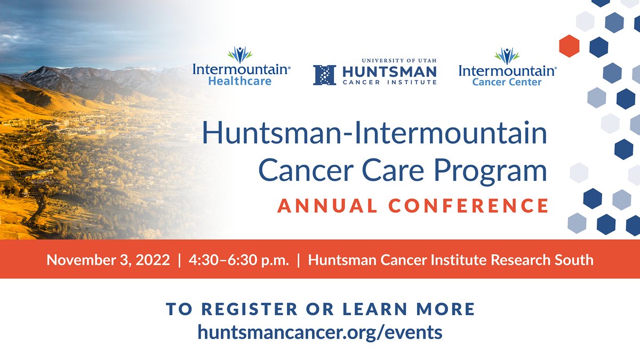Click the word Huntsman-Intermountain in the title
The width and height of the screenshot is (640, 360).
point(374,134)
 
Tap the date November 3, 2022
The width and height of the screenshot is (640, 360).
point(108,260)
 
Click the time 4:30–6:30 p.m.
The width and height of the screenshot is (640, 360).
point(238,260)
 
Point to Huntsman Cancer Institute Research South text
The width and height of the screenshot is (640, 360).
point(451,260)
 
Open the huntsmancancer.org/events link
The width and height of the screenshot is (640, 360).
point(320,332)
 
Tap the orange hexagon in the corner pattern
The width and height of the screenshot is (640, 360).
point(569,46)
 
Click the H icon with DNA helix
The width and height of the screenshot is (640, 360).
point(324,75)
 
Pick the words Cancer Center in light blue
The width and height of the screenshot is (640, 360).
point(507,82)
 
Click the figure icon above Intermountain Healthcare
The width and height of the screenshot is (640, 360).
point(240,54)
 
